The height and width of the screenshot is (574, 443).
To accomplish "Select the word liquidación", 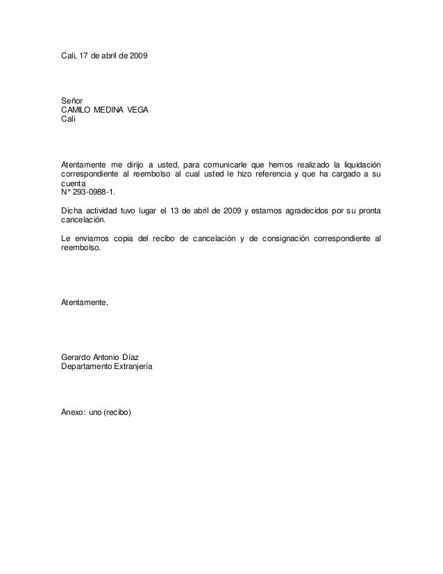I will (x=357, y=163).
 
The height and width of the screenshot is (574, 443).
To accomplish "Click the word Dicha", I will (x=72, y=210).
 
